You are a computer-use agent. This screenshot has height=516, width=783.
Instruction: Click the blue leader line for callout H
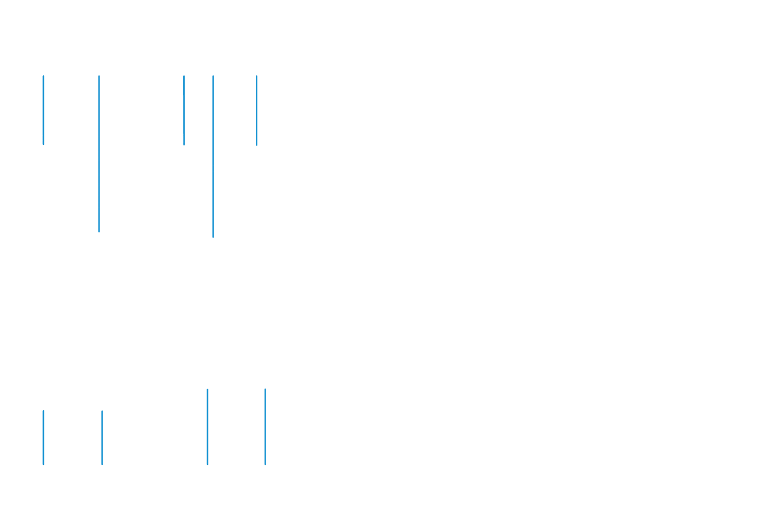coord(207,428)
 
